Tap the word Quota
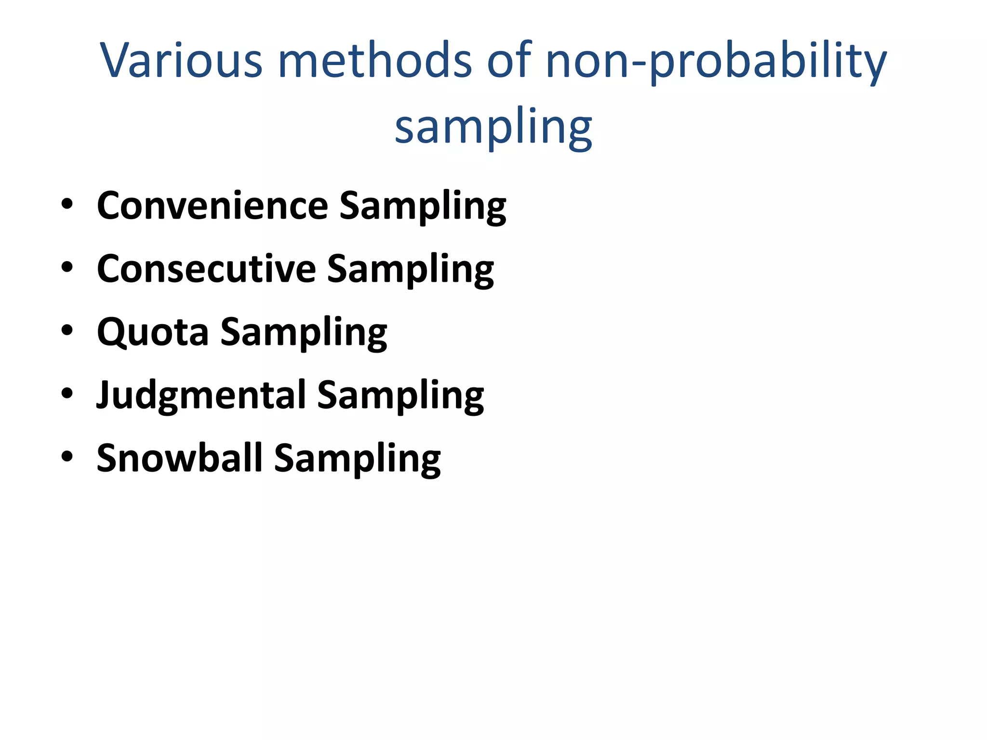point(153,332)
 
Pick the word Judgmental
point(201,396)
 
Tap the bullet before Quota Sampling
point(67,330)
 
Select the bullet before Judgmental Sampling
point(67,394)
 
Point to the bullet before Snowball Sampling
point(67,457)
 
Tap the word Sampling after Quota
point(304,333)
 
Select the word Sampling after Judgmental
point(400,396)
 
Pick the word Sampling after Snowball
point(357,459)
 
